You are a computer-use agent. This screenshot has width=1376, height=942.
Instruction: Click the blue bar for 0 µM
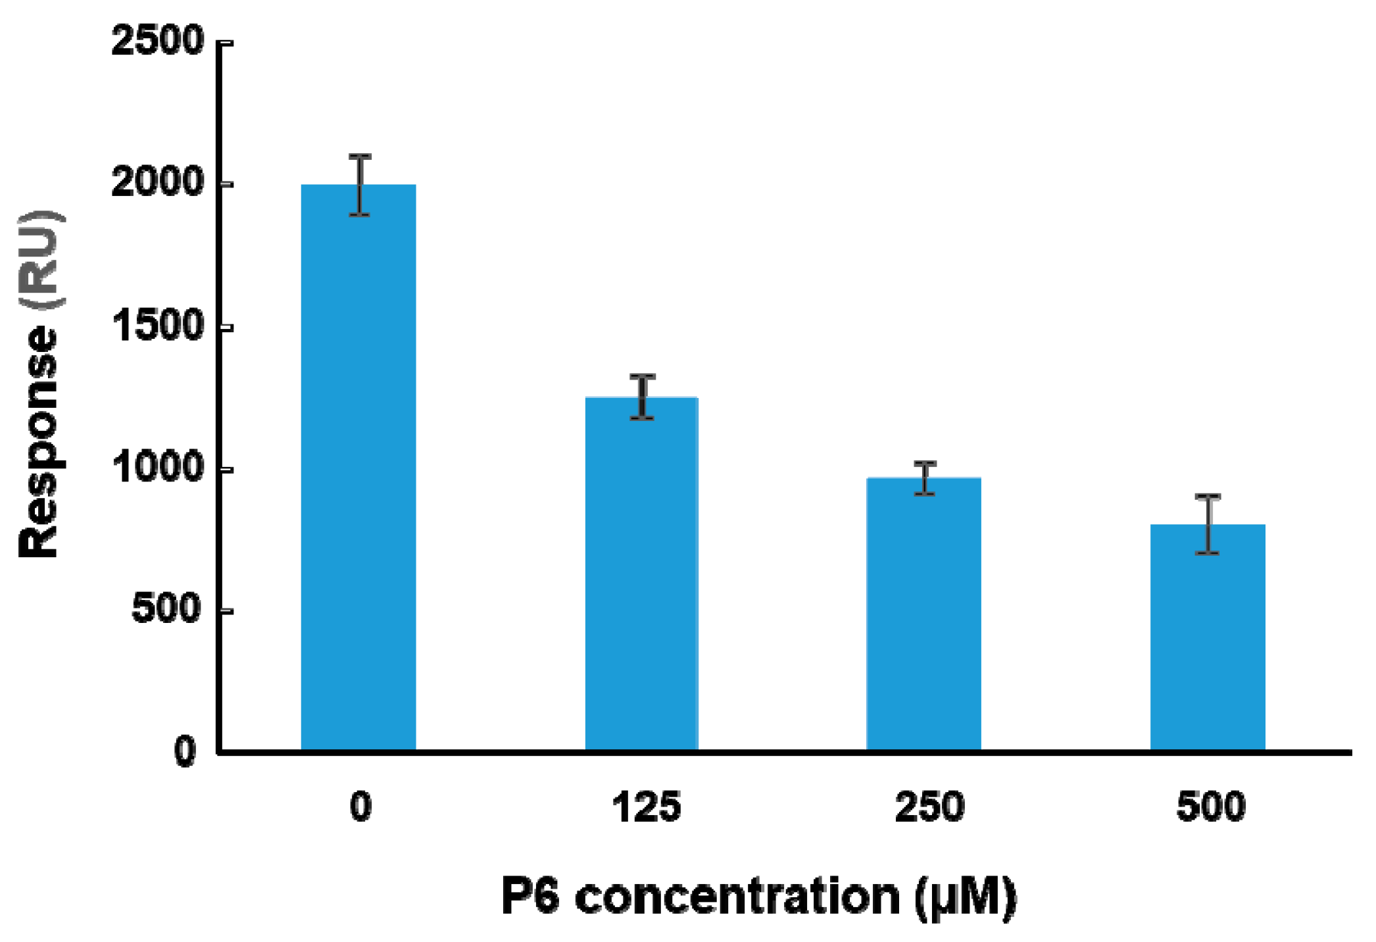click(x=358, y=467)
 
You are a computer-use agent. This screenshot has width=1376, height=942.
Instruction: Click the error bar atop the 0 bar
click(x=360, y=185)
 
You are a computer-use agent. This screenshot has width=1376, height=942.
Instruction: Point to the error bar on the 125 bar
click(x=642, y=396)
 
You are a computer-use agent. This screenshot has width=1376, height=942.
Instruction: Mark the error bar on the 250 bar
click(x=925, y=478)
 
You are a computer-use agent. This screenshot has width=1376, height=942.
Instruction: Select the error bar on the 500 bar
click(x=1208, y=524)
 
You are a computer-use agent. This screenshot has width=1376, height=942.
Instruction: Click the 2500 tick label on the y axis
click(x=158, y=41)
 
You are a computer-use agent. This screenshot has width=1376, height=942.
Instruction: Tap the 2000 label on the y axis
click(x=158, y=182)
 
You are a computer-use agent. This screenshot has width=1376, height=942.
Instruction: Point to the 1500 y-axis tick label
click(x=158, y=325)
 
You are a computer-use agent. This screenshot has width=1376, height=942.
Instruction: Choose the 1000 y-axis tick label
click(x=158, y=468)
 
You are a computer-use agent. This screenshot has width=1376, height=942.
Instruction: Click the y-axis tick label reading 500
click(x=166, y=609)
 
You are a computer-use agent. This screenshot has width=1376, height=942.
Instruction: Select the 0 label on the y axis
click(x=185, y=751)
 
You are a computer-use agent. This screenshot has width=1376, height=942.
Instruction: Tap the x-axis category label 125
click(x=646, y=807)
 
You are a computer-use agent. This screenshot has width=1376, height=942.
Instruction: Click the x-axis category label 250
click(x=929, y=807)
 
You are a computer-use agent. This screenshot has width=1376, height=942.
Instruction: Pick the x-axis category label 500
click(x=1211, y=807)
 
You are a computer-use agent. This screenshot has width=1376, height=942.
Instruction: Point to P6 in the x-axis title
click(x=530, y=896)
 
